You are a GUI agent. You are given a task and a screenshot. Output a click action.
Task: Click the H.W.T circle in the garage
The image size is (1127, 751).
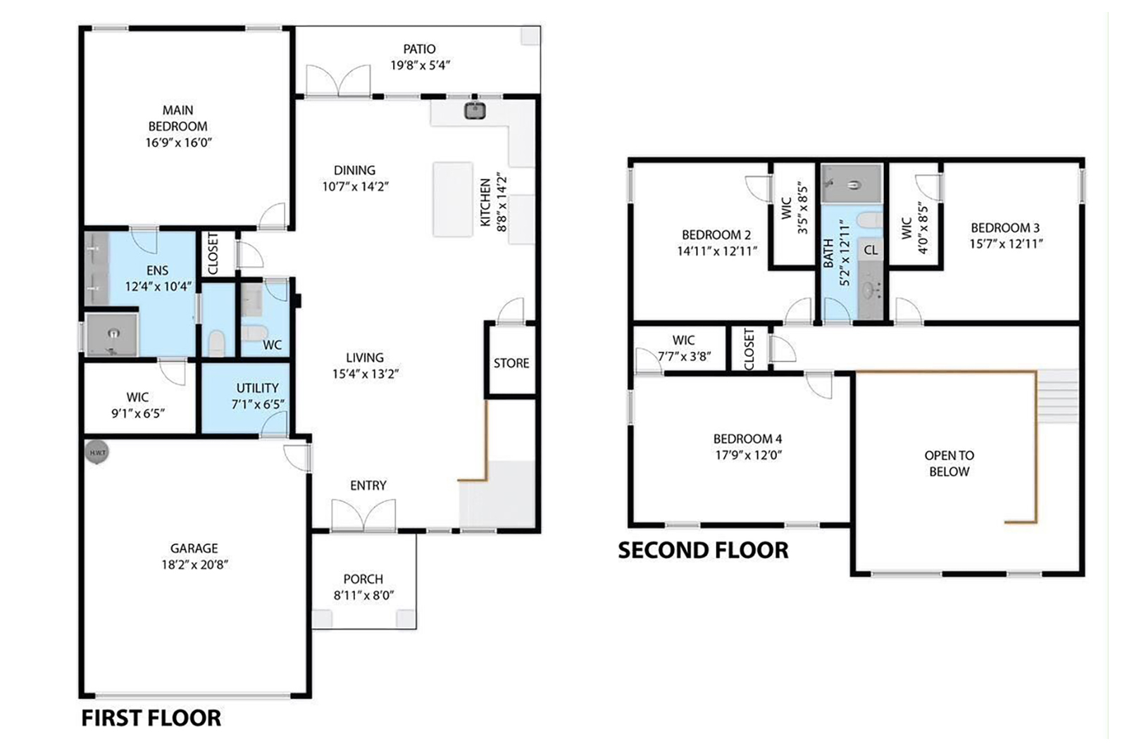(96, 453)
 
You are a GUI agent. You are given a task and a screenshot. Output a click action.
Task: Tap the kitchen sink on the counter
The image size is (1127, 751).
(475, 110)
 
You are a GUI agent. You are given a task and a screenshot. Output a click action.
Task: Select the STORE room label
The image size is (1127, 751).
(511, 363)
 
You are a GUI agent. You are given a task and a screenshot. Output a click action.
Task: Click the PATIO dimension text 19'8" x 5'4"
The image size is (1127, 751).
(420, 65)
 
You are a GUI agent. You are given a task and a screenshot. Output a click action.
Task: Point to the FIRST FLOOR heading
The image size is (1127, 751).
(151, 718)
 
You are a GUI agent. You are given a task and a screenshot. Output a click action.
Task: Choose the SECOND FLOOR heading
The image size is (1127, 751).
(703, 550)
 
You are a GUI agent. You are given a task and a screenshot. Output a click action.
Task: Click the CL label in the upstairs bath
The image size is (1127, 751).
(871, 250)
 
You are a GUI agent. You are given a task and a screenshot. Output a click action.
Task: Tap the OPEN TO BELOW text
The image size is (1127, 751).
(949, 463)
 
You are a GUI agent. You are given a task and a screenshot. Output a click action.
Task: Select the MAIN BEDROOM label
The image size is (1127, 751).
(178, 118)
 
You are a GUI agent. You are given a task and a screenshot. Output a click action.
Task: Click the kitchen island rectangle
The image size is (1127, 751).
(453, 199)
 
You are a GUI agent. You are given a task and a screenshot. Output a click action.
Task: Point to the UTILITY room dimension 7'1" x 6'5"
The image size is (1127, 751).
(258, 404)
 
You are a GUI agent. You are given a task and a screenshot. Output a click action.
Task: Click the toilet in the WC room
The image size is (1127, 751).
(254, 333)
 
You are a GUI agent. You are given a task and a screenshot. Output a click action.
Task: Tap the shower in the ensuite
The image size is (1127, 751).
(112, 335)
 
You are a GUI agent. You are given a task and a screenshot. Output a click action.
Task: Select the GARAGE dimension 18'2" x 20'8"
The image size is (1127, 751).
(194, 564)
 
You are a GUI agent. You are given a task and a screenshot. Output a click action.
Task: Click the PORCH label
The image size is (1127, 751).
(363, 579)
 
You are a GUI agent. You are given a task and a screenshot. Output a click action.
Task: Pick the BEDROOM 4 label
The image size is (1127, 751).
(747, 438)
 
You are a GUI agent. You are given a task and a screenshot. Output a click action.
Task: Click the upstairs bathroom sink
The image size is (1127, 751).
(870, 290)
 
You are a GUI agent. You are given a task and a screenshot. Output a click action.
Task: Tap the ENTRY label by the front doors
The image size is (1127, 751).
(368, 486)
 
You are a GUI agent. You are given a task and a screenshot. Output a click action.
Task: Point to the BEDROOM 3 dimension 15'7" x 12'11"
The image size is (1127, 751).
(1007, 244)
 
